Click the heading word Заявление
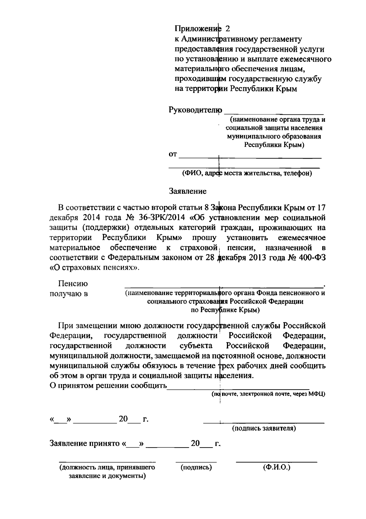tap(188, 191)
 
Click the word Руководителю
tap(195, 110)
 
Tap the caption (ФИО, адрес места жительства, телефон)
tap(247, 174)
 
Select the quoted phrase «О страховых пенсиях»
tap(94, 267)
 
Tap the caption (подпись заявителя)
tap(264, 428)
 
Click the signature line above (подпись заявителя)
tap(264, 423)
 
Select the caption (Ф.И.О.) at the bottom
tap(276, 467)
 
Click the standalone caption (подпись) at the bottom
tap(196, 467)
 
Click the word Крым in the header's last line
tap(286, 89)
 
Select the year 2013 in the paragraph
tap(259, 257)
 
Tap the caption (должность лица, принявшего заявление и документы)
tap(107, 471)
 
